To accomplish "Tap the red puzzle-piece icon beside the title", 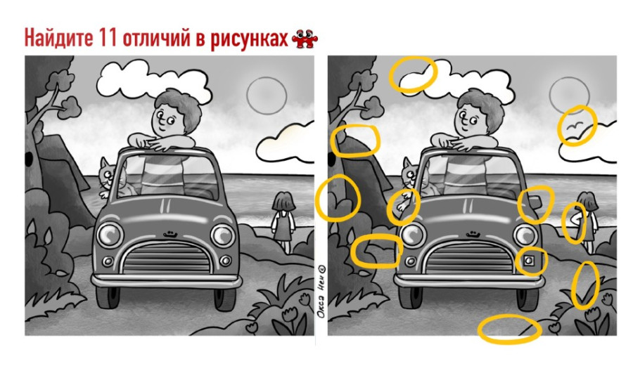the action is click(x=305, y=39).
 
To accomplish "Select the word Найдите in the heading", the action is click(x=59, y=39).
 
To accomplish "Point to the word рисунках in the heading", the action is click(x=249, y=39).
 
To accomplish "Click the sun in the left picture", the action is click(x=267, y=96).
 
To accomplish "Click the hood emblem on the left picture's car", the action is click(x=171, y=233).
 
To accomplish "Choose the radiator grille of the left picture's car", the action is click(x=166, y=258).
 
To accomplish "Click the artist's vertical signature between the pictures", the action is click(x=321, y=291).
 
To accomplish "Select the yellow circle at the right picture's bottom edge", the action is click(x=509, y=329).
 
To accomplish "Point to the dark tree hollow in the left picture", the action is click(x=29, y=159).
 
